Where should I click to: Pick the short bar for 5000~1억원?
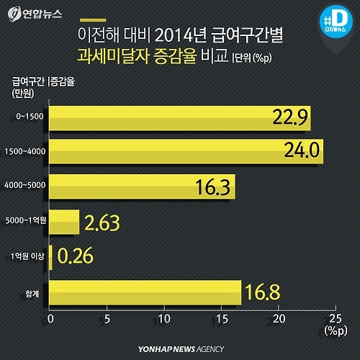coord(64,222)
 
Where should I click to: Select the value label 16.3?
coord(213,187)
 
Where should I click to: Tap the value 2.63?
coord(102,222)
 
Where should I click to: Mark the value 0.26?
coord(75,257)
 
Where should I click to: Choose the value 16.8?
coord(264,292)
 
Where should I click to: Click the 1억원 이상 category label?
coord(27,257)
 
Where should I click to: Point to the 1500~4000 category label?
coord(26,152)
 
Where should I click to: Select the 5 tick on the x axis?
coord(107,318)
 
